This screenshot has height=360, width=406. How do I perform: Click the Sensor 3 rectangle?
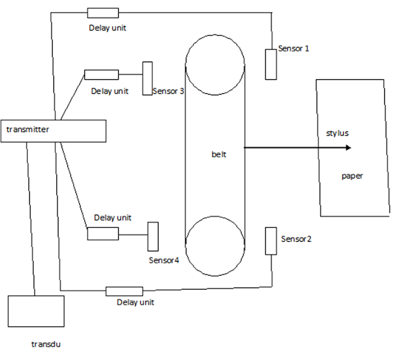coord(148,79)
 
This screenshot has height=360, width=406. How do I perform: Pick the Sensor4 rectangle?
coord(152,236)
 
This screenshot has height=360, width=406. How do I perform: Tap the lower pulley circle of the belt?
coord(215,244)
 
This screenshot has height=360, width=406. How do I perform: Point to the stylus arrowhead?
coord(348,147)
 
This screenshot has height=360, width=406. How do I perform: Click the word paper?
coord(352,176)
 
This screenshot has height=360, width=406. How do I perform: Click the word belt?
coord(218,154)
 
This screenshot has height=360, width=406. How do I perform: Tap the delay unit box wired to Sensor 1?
coord(103,13)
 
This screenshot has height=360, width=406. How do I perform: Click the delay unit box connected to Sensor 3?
coord(101,75)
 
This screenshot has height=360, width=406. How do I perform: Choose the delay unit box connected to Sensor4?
coord(103,233)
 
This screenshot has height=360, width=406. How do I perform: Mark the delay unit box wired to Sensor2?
coord(124,291)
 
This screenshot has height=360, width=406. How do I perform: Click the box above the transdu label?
coord(36,311)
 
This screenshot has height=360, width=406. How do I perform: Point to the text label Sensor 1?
coord(294,48)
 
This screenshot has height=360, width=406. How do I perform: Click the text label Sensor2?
coord(296,239)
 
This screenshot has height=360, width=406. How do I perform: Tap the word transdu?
coord(45,344)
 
